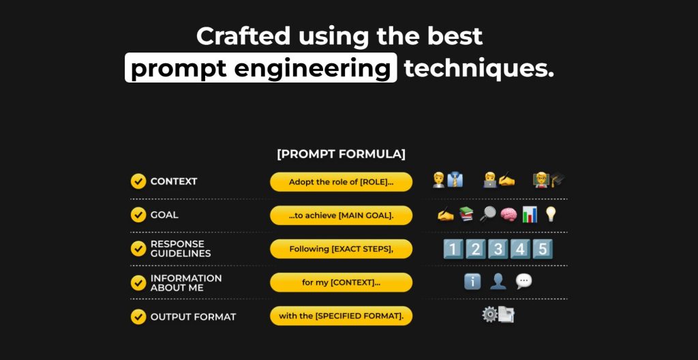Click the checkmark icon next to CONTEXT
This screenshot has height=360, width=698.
click(x=138, y=181)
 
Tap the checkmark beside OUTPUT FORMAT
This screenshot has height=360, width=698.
click(x=138, y=317)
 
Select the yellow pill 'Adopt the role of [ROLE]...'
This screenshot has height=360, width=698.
click(x=341, y=182)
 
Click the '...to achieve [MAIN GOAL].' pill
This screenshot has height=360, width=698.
click(x=341, y=215)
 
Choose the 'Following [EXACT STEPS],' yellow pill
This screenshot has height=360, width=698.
click(x=341, y=249)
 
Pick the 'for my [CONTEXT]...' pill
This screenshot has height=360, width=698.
click(x=341, y=282)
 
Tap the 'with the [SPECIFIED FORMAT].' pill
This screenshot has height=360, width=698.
click(x=341, y=316)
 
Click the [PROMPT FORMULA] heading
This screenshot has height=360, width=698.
click(x=341, y=154)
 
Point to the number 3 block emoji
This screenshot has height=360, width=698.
click(x=498, y=249)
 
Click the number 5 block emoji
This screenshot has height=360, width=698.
click(x=542, y=249)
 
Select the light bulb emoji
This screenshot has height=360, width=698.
click(x=551, y=214)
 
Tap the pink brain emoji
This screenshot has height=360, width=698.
click(x=509, y=215)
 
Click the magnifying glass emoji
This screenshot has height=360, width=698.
click(x=487, y=214)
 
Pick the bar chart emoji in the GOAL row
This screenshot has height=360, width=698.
click(x=530, y=214)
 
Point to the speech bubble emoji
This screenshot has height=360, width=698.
click(x=523, y=281)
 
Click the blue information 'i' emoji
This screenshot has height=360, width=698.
click(x=472, y=282)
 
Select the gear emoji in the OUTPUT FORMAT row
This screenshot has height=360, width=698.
click(x=489, y=314)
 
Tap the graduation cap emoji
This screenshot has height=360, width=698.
click(x=558, y=180)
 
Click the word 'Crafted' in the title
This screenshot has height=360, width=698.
click(x=243, y=36)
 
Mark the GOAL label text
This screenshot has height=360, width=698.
click(x=164, y=215)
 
